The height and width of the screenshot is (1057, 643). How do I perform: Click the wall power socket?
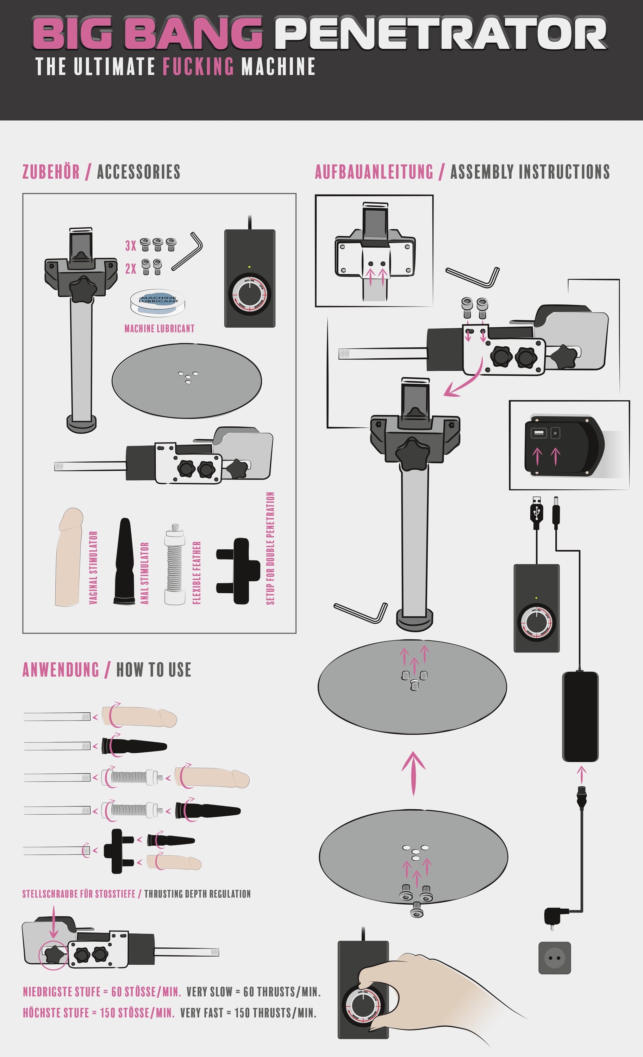554,958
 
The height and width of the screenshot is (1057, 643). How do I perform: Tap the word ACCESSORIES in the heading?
138,172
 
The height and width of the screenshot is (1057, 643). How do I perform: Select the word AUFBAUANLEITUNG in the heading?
374,172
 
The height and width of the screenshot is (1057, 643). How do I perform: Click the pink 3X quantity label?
130,246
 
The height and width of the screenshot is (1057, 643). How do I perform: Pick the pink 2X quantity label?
130,269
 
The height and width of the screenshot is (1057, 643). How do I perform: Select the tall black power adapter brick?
580,716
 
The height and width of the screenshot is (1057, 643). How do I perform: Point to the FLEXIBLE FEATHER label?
197,573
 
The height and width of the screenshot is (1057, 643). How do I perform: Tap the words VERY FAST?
201,1013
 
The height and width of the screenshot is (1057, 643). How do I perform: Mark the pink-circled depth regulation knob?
53,955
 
